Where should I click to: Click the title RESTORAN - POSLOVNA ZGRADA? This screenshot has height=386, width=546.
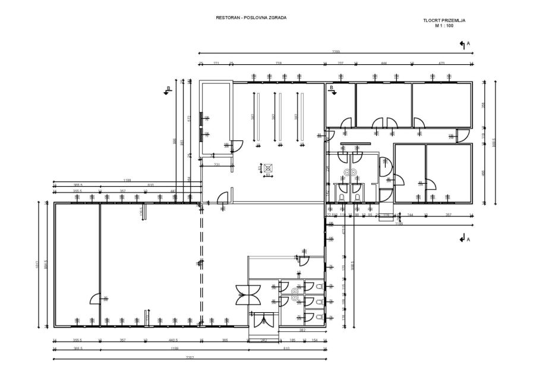tap(251, 18)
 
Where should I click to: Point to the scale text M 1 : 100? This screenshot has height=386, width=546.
tap(443, 25)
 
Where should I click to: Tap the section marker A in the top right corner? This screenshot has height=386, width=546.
tap(464, 44)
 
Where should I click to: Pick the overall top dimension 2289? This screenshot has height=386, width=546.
tap(336, 51)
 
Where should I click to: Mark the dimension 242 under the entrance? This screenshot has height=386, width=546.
tap(264, 340)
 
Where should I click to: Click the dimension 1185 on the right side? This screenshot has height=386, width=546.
tap(400, 224)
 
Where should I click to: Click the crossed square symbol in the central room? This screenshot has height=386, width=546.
tap(267, 168)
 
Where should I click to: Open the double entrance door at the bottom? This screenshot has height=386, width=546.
tap(261, 321)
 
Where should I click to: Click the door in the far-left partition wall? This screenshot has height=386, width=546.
tap(95, 298)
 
